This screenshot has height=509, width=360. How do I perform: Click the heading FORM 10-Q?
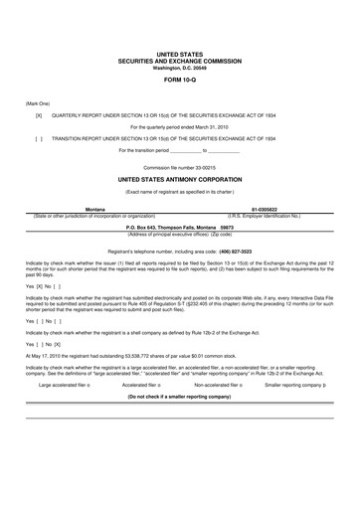[179, 81]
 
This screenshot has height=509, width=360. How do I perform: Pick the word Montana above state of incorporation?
[95, 210]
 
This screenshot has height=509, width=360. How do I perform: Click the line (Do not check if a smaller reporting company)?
[179, 395]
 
